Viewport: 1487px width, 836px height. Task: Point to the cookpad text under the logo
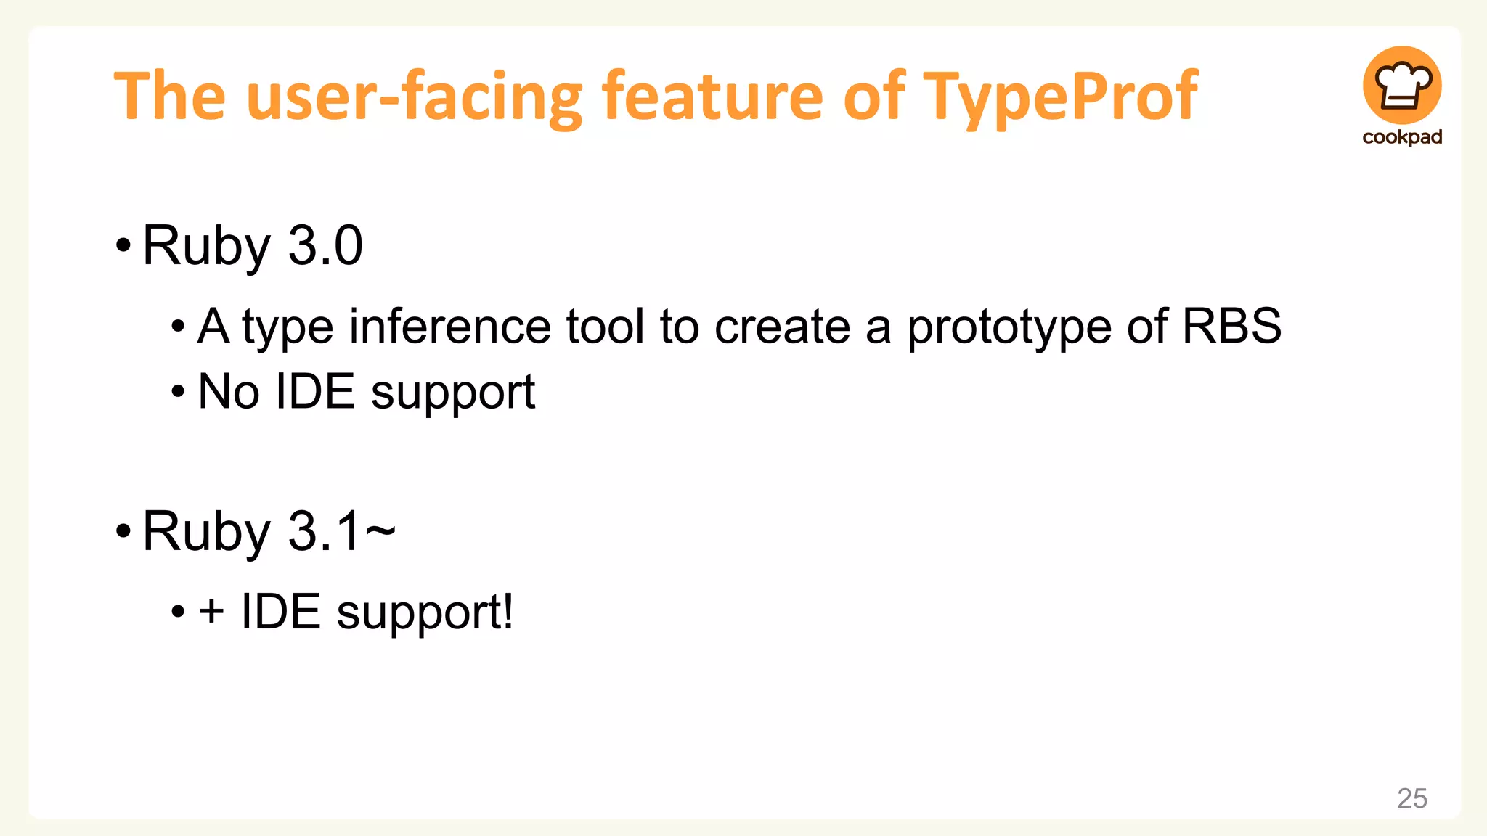1402,137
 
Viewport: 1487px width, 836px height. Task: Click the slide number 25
1411,798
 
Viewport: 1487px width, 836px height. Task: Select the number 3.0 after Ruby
325,246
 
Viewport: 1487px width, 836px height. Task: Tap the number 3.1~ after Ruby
341,531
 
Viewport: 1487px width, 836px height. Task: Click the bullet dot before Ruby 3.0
123,246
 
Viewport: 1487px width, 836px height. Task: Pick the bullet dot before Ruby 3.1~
123,531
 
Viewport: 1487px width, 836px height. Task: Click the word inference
450,326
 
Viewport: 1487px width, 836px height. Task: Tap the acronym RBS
1231,326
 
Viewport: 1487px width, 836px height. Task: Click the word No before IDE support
229,392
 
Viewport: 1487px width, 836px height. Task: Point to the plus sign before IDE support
211,611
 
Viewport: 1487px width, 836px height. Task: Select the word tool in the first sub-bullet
605,326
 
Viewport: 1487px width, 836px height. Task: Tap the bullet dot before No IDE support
178,393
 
